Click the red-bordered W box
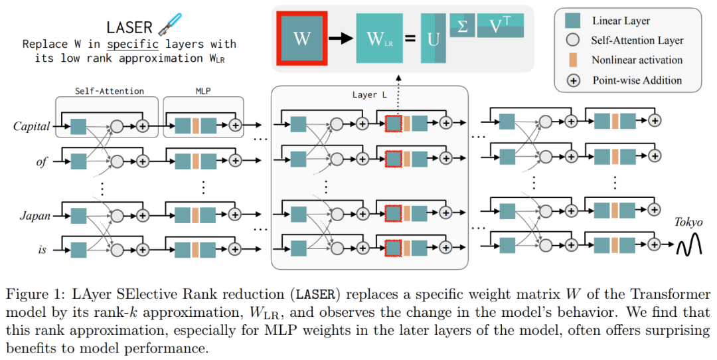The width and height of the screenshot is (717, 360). click(x=301, y=38)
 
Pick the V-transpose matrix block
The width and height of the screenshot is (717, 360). click(x=500, y=26)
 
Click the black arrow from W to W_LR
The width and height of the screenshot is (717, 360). click(x=341, y=39)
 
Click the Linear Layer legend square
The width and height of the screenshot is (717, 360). click(x=572, y=21)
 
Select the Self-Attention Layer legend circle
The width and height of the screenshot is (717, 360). click(x=572, y=41)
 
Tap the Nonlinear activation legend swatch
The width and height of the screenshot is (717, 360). click(x=572, y=60)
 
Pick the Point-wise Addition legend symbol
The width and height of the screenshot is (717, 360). click(x=572, y=80)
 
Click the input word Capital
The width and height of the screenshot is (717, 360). click(x=32, y=126)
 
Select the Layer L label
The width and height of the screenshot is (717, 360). click(x=369, y=94)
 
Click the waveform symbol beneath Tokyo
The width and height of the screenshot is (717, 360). click(x=689, y=247)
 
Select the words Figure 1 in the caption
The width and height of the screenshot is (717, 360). click(x=31, y=294)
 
